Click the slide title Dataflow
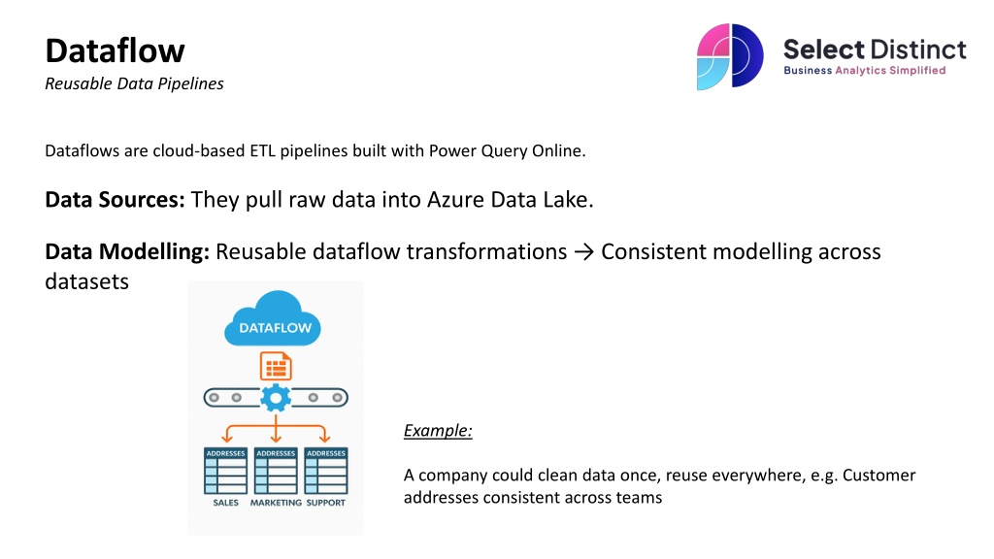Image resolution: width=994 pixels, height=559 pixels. pyautogui.click(x=115, y=49)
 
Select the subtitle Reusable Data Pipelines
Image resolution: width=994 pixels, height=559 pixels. pyautogui.click(x=134, y=83)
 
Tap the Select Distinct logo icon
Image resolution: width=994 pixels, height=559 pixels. pyautogui.click(x=730, y=56)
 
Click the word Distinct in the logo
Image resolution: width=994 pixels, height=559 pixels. pyautogui.click(x=917, y=49)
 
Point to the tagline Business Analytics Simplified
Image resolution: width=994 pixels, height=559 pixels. pyautogui.click(x=864, y=71)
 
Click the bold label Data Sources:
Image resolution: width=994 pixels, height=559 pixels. pyautogui.click(x=115, y=201)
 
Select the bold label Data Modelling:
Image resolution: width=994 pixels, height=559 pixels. pyautogui.click(x=127, y=252)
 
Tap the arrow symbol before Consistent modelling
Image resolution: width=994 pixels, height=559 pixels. pyautogui.click(x=583, y=252)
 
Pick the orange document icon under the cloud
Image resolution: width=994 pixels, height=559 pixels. pyautogui.click(x=276, y=366)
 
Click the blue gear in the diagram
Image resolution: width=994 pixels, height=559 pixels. pyautogui.click(x=276, y=397)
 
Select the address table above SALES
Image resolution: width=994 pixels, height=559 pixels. pyautogui.click(x=225, y=471)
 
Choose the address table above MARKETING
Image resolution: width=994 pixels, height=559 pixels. pyautogui.click(x=276, y=471)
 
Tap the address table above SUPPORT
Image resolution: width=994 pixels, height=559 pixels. pyautogui.click(x=325, y=471)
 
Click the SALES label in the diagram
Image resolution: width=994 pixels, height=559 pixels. pyautogui.click(x=226, y=503)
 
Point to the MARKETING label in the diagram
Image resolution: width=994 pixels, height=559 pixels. pyautogui.click(x=276, y=503)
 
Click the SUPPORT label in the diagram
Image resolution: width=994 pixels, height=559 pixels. pyautogui.click(x=325, y=503)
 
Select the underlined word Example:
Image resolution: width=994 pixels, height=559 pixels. pyautogui.click(x=438, y=431)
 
